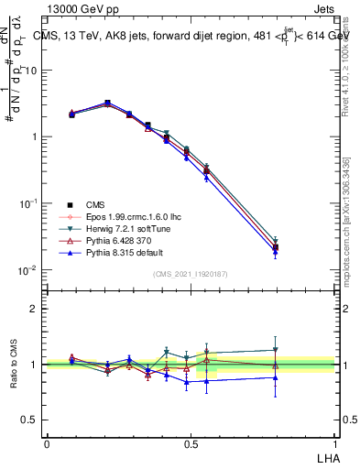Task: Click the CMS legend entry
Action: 96,204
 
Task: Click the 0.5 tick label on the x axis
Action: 191,442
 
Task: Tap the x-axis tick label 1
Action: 335,442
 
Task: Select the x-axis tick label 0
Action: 47,442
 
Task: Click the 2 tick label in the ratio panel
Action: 33,309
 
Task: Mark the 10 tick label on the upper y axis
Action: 29,71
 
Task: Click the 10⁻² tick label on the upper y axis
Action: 27,270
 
